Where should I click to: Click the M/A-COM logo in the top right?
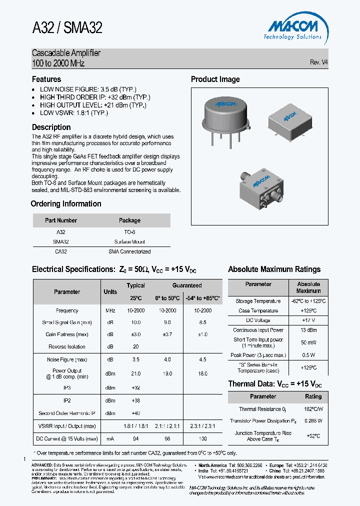tap(293, 28)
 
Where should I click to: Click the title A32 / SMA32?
tap(67, 28)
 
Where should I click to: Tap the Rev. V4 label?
tap(319, 62)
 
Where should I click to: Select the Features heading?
tap(46, 79)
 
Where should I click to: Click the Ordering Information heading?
tap(66, 203)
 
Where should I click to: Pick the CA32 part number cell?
tap(60, 251)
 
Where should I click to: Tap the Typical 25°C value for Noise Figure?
tap(135, 359)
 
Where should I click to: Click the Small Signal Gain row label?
tap(67, 322)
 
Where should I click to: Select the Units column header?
tap(110, 291)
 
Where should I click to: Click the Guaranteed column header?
tap(187, 285)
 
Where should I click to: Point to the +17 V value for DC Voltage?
tap(308, 320)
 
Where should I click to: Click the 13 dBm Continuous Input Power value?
tap(308, 330)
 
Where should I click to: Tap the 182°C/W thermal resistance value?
tap(313, 409)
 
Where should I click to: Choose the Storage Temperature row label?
tap(258, 301)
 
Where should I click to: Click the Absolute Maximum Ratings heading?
tap(274, 269)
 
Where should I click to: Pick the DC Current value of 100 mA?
tap(202, 438)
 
